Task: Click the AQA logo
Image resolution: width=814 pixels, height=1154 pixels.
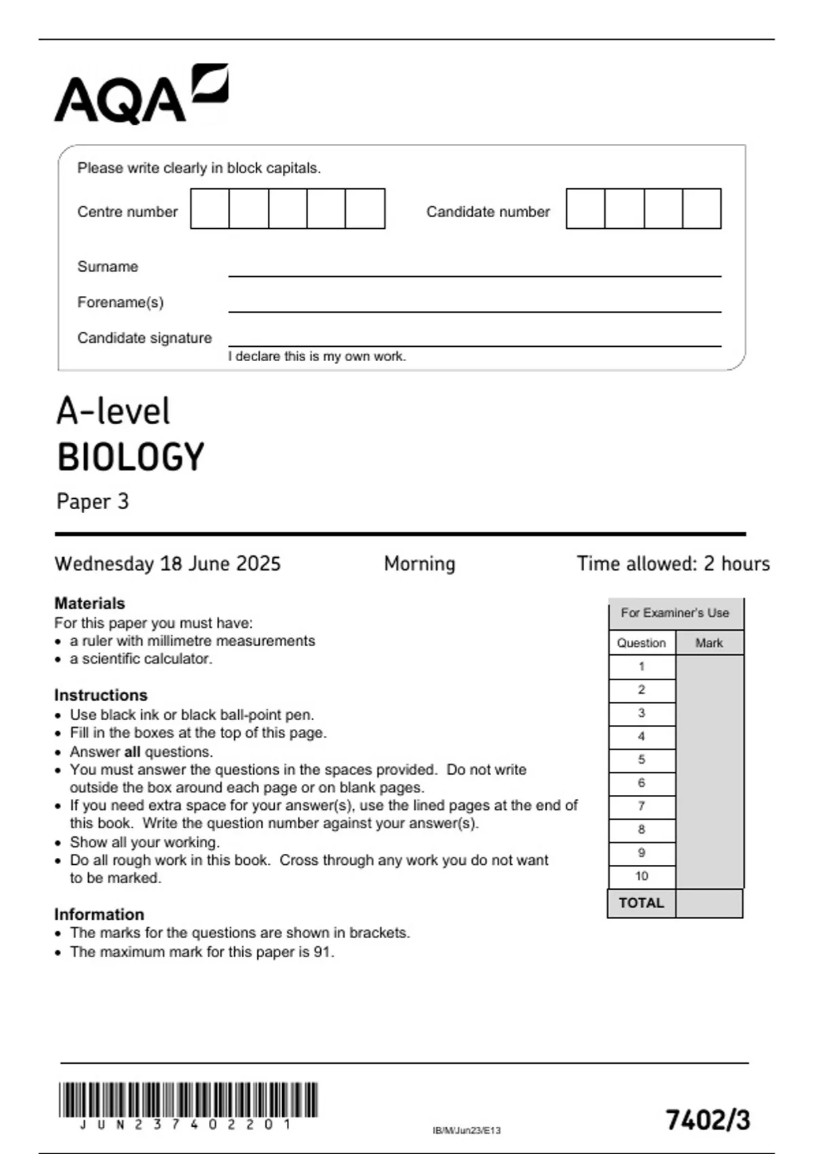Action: [141, 95]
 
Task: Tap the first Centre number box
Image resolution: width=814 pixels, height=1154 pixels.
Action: [210, 209]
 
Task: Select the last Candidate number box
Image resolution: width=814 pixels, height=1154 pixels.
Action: [701, 209]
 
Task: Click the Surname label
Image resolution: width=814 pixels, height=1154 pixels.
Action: [108, 267]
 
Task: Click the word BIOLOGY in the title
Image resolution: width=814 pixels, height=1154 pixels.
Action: [130, 457]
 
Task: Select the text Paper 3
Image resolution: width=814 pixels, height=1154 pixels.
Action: [92, 502]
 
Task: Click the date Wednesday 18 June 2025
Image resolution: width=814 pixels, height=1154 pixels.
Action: [168, 563]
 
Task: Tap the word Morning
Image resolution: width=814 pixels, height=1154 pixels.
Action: [419, 563]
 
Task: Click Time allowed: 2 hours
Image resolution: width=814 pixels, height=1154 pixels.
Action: [673, 563]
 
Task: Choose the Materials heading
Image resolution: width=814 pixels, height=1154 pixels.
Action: [90, 603]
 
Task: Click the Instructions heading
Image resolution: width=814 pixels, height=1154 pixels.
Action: [100, 695]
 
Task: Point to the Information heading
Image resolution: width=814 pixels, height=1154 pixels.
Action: [99, 914]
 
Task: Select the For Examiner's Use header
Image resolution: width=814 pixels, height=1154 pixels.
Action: [675, 613]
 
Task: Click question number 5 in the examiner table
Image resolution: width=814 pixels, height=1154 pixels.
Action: [642, 760]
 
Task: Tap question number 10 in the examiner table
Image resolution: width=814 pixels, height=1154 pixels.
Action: [642, 876]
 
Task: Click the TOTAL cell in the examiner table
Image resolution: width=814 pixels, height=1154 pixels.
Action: [641, 903]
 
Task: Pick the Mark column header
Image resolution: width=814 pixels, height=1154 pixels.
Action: [709, 643]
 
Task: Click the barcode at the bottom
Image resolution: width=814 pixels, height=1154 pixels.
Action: [188, 1100]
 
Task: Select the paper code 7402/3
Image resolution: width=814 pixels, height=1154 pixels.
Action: [708, 1120]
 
